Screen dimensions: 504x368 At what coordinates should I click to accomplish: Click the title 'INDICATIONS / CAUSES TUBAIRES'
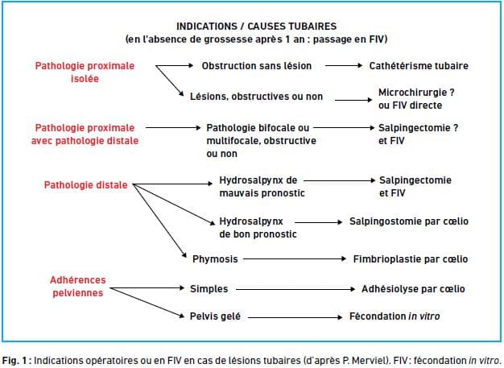click(x=257, y=27)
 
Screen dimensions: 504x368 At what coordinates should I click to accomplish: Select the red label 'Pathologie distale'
click(x=85, y=185)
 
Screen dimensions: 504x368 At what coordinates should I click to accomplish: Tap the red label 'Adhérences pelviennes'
click(x=78, y=287)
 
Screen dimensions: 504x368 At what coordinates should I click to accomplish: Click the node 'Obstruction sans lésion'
click(x=257, y=66)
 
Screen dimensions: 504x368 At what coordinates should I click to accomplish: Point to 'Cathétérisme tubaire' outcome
click(x=419, y=66)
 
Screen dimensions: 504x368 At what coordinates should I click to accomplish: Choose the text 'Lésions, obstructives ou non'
click(x=256, y=97)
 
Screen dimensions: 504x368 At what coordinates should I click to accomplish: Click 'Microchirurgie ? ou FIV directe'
click(x=416, y=99)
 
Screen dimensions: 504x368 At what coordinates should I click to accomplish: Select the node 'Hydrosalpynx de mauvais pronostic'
click(x=262, y=187)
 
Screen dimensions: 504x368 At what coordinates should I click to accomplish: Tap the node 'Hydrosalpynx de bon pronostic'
click(x=258, y=228)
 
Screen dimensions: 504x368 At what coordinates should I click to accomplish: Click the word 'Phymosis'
click(x=215, y=259)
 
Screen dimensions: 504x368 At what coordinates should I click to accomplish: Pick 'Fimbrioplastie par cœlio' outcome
click(x=411, y=259)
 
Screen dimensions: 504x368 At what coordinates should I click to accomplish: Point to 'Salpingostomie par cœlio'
click(x=409, y=221)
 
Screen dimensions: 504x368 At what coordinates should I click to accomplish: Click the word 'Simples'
click(x=209, y=289)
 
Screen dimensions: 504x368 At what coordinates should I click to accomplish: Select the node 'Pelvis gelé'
click(x=215, y=316)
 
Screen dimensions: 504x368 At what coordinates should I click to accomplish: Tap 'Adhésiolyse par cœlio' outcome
click(x=413, y=289)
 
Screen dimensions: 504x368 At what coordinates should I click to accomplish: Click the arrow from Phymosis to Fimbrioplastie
click(x=295, y=258)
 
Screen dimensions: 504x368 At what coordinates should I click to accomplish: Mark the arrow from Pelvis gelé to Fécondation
click(x=295, y=317)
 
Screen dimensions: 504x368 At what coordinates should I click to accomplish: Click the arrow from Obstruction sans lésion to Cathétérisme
click(x=344, y=65)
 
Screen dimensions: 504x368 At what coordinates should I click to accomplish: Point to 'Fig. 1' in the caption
click(x=14, y=360)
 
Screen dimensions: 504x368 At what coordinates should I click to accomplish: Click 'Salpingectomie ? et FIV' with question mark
click(x=418, y=134)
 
